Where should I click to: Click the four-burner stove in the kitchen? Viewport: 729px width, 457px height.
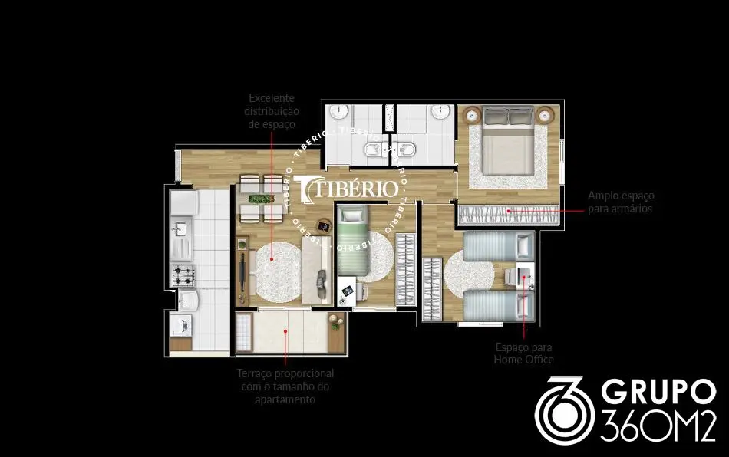pos(183,275)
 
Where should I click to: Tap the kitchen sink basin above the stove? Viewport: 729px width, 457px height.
pos(180,228)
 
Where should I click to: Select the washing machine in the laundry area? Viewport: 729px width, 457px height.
pos(181,326)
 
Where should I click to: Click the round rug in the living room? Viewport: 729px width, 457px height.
pos(278,271)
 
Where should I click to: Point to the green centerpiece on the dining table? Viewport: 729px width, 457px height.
pos(261,199)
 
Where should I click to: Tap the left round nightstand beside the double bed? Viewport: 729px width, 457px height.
pos(473,114)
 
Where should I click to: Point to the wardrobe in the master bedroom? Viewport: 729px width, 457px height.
pos(509,215)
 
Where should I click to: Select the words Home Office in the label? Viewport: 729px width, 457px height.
pos(523,360)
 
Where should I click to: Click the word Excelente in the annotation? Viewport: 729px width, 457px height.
pos(272,98)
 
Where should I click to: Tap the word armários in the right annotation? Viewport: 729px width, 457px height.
pos(620,209)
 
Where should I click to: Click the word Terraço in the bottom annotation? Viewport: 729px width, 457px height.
pos(254,374)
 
